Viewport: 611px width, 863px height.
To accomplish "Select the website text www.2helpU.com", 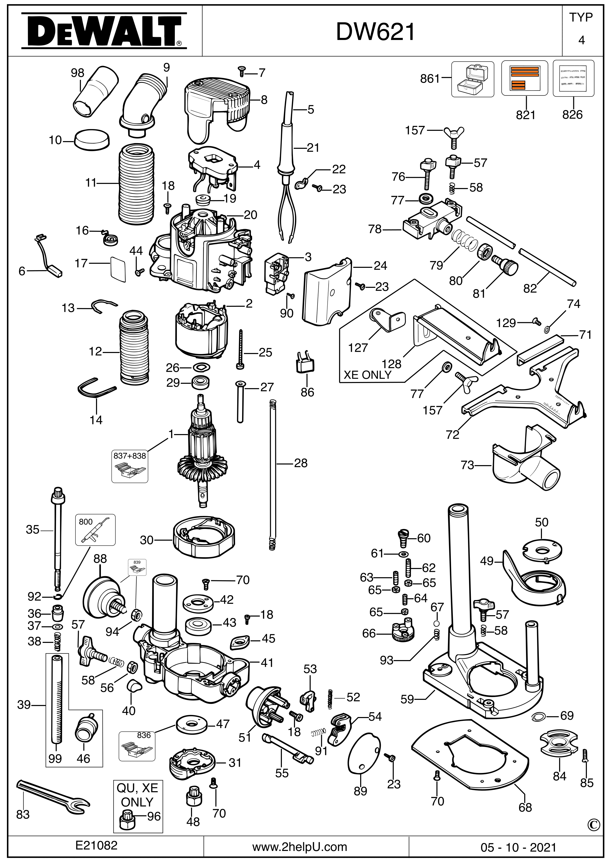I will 300,847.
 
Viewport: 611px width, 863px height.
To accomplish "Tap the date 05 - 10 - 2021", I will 518,847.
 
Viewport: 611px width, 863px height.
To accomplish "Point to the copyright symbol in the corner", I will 593,824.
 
